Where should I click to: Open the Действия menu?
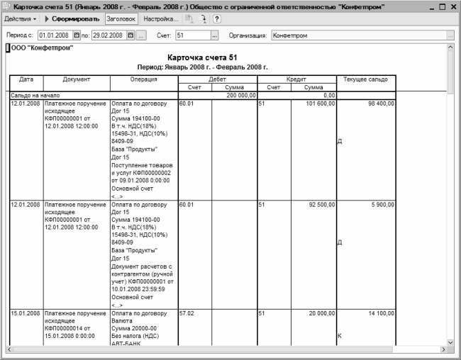[x=21, y=18]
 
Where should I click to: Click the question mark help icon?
[x=216, y=18]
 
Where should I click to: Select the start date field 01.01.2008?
[x=55, y=35]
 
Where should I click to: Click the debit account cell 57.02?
[x=187, y=313]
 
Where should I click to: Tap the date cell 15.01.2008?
[x=24, y=313]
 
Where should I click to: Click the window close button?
[x=452, y=6]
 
